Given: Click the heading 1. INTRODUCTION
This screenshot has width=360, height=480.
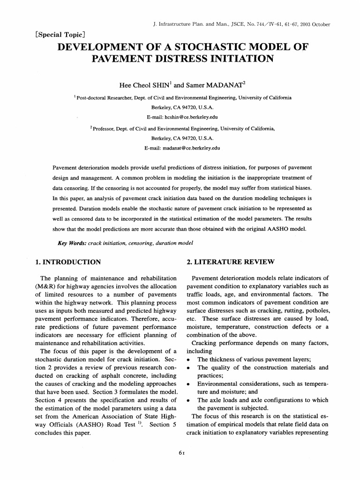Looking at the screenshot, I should coord(68,261).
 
